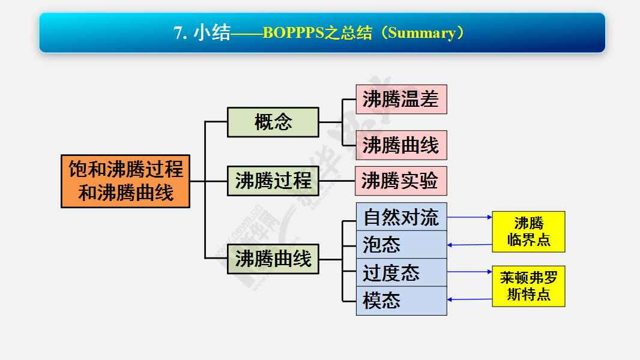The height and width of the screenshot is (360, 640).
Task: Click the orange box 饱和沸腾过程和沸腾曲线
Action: pos(125,181)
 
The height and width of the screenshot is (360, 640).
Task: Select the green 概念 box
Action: pos(273,122)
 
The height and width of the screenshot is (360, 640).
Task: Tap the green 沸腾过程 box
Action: pos(273,181)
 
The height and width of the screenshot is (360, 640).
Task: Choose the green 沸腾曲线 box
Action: pos(273,259)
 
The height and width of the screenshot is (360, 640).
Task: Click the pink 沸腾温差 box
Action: pos(401,99)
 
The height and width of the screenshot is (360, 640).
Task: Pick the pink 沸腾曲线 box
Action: pos(401,145)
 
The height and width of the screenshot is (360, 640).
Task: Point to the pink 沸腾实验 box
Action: pos(401,181)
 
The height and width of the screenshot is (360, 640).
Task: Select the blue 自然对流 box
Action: pos(402,217)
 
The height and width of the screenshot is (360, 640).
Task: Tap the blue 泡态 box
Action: pos(402,245)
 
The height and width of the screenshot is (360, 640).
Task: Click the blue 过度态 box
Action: pos(402,272)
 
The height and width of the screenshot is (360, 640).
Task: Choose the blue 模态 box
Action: pos(402,301)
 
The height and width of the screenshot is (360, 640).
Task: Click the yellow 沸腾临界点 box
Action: pos(528,232)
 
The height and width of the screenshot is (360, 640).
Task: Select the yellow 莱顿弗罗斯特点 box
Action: pos(528,286)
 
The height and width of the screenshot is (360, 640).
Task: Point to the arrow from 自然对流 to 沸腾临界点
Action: pos(470,217)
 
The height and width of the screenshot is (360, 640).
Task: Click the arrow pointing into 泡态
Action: pos(470,245)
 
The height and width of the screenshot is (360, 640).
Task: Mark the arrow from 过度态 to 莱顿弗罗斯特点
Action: pos(470,272)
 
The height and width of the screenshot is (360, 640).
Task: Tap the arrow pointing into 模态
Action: pos(470,299)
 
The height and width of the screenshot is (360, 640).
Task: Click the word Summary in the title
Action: pos(421,33)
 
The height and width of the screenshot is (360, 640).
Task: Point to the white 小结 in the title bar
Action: pos(212,32)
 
